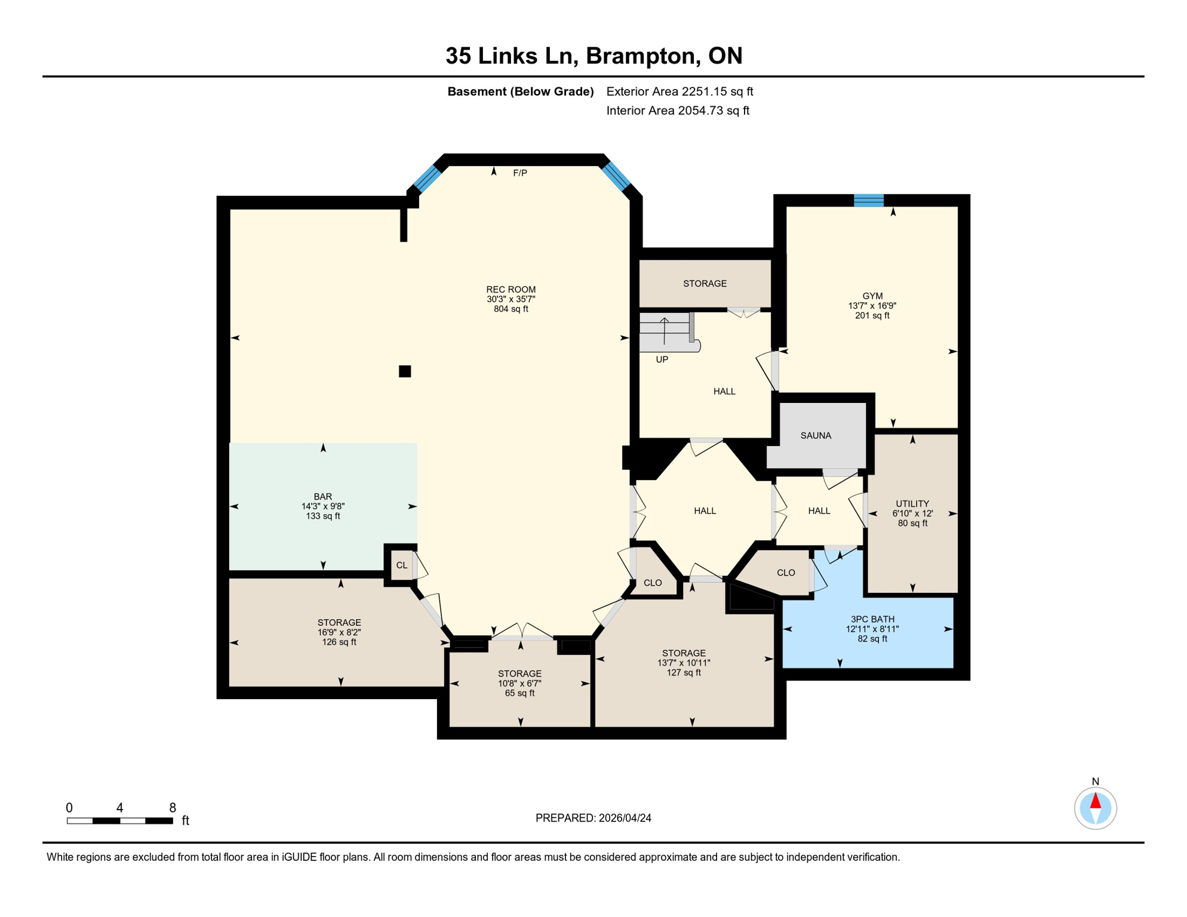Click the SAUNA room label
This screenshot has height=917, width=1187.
(816, 436)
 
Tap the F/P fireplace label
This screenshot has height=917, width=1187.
(520, 173)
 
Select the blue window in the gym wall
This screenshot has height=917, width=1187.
(868, 201)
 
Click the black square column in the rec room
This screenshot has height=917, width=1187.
(405, 371)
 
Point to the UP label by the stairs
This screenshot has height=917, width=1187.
(662, 359)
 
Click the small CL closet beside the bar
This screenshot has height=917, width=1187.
(402, 565)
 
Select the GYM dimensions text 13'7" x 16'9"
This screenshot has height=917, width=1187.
(872, 306)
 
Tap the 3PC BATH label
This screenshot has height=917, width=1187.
(872, 619)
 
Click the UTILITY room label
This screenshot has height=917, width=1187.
(912, 503)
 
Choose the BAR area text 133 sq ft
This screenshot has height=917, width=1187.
(323, 516)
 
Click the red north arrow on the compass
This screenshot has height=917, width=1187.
(1095, 801)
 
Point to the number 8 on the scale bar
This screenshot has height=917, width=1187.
(173, 808)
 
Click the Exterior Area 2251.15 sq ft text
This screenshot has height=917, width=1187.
(679, 91)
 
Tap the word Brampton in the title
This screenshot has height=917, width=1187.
(642, 56)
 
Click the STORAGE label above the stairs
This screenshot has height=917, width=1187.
(705, 284)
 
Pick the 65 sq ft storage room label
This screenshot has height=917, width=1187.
(519, 693)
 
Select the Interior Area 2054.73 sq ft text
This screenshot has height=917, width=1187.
(678, 110)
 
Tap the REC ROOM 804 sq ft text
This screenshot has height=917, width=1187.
(511, 309)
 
